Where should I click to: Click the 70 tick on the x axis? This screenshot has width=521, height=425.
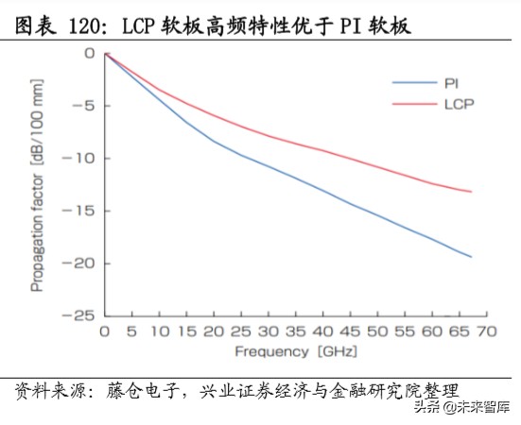point(486,331)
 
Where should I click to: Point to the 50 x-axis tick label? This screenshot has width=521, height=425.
point(377,331)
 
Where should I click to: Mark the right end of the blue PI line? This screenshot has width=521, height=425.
point(471,257)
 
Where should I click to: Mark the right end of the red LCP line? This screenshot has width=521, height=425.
point(471,192)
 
